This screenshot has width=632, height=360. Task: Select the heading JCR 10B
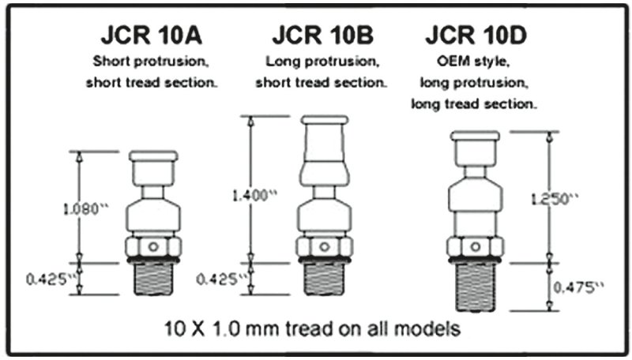[x=325, y=36]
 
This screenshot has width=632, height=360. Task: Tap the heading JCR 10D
[x=477, y=36]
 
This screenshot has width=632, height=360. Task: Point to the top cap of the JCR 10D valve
[x=475, y=137]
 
